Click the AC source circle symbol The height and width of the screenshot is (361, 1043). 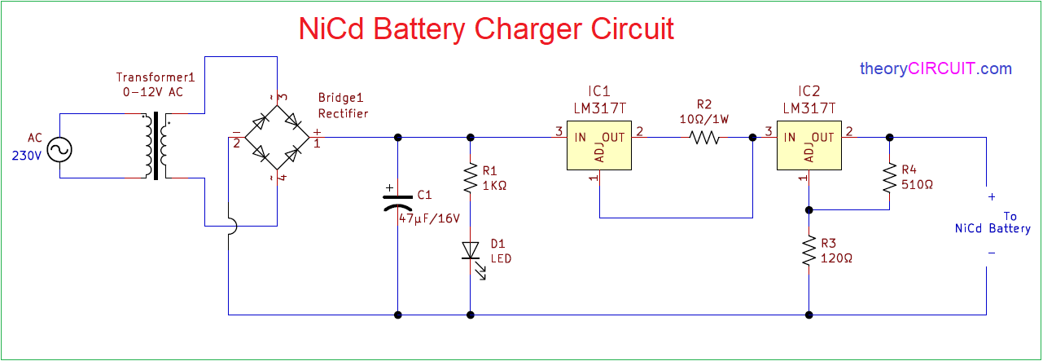pyautogui.click(x=60, y=150)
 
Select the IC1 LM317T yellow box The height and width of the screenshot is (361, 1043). pyautogui.click(x=599, y=145)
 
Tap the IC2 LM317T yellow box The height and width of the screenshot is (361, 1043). pyautogui.click(x=809, y=145)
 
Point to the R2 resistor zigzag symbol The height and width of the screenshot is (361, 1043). pyautogui.click(x=704, y=138)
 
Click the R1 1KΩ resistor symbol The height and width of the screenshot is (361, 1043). pyautogui.click(x=471, y=178)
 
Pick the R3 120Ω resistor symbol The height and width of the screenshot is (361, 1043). pyautogui.click(x=809, y=250)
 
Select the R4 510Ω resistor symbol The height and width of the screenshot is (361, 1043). pyautogui.click(x=890, y=177)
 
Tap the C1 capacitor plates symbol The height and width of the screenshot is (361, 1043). pyautogui.click(x=397, y=201)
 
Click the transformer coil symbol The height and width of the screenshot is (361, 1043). pyautogui.click(x=156, y=145)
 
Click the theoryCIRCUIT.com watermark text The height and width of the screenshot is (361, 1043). pyautogui.click(x=936, y=69)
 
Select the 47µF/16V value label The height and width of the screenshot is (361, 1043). pyautogui.click(x=429, y=218)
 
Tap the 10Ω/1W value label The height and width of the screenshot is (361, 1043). pyautogui.click(x=704, y=119)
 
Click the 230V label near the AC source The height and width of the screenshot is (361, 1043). pyautogui.click(x=27, y=156)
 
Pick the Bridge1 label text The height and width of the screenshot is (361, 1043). pyautogui.click(x=340, y=98)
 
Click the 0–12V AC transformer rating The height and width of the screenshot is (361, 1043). pyautogui.click(x=153, y=92)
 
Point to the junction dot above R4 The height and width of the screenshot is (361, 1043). pyautogui.click(x=890, y=138)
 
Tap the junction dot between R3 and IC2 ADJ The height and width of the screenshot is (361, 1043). pyautogui.click(x=809, y=210)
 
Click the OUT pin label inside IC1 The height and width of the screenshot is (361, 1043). pyautogui.click(x=613, y=138)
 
